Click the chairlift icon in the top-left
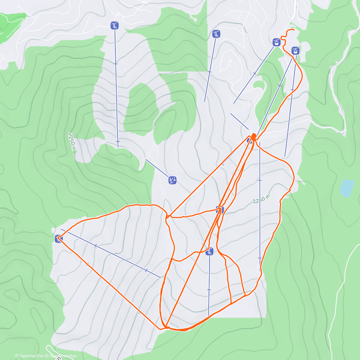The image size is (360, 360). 115,26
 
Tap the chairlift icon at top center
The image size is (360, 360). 216,34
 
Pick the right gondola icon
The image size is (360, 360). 295,50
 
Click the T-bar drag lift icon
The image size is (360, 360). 172,180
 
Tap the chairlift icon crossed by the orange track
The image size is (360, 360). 209,252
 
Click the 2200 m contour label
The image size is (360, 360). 261,199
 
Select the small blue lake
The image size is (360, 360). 346,188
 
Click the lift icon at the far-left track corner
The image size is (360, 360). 58,239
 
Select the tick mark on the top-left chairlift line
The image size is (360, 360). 115,64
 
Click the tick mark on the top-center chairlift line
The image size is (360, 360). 210,72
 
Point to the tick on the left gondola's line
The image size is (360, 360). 255,73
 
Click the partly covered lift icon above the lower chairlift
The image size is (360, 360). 220,209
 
